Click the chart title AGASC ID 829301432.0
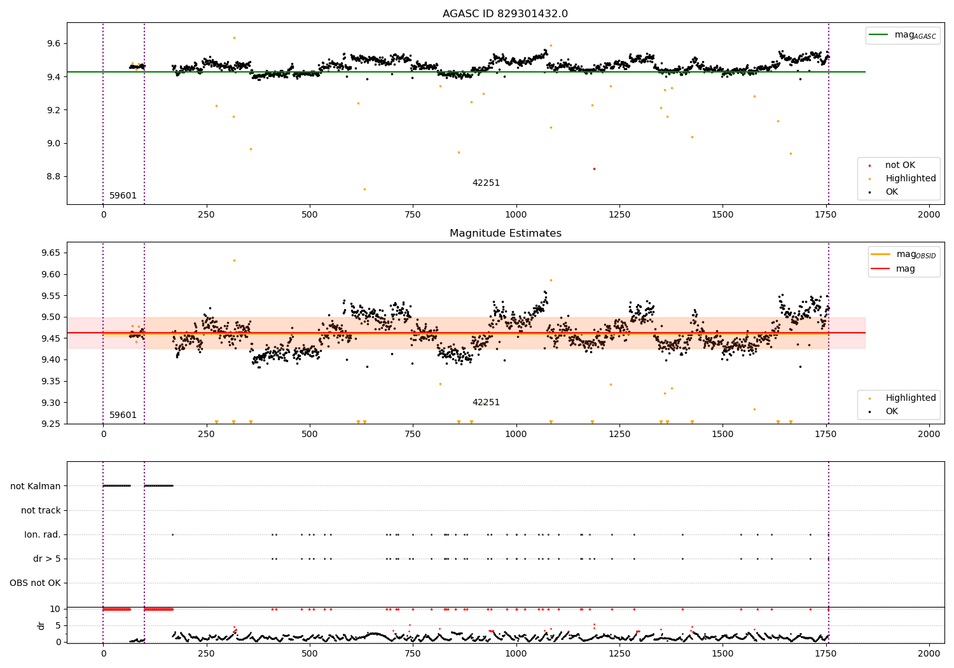pos(505,14)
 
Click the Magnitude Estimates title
pos(505,233)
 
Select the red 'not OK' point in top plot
pos(594,169)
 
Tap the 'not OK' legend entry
pos(900,165)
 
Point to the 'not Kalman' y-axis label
pos(36,486)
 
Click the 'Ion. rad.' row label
pos(43,534)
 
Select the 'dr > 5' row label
pos(47,559)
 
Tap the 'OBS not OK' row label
pos(36,583)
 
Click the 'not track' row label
pos(41,510)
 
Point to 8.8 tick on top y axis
pos(53,176)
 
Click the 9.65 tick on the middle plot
pos(51,253)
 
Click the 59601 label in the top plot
pos(123,196)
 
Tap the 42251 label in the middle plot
pos(486,403)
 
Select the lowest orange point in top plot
pos(364,189)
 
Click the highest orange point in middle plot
pos(234,260)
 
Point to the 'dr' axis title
pos(41,625)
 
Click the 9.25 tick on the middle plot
pos(51,424)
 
